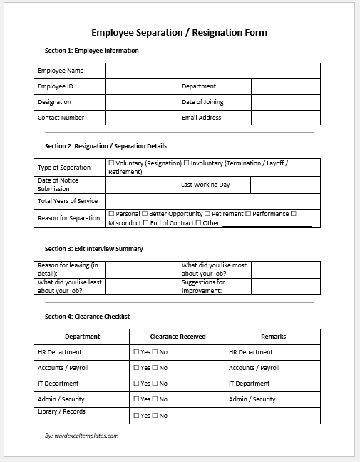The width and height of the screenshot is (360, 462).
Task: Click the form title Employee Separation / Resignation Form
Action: point(180,33)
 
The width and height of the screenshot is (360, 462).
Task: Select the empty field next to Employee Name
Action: point(212,71)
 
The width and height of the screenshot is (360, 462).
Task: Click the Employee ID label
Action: point(56,86)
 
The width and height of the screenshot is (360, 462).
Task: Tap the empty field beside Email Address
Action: point(285,118)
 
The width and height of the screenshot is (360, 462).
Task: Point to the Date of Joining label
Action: point(202,102)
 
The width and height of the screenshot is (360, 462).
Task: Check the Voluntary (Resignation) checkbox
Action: point(111,163)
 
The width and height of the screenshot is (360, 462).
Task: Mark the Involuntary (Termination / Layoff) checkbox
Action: point(186,163)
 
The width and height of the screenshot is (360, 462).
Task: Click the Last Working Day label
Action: point(205,185)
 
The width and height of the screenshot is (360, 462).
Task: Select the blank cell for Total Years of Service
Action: point(212,201)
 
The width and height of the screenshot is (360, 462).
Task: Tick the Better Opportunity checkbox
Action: point(145,214)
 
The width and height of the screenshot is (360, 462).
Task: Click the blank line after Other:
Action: point(267,223)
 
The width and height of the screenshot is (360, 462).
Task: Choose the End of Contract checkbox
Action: point(146,223)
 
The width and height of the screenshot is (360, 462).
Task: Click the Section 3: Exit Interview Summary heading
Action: point(93,249)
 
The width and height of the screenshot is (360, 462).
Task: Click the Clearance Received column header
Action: point(178,337)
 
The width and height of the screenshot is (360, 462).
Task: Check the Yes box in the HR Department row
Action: point(136,352)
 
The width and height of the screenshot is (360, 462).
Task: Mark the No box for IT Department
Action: point(155,384)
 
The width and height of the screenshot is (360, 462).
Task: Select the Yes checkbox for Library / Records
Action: point(136,415)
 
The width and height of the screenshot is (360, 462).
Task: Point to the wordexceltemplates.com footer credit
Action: point(81,435)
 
